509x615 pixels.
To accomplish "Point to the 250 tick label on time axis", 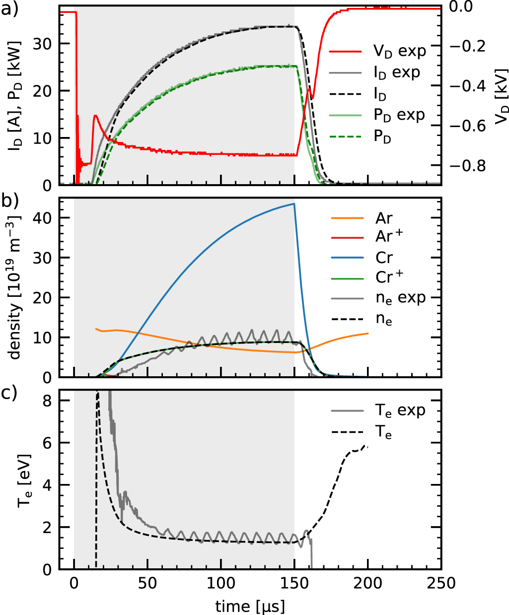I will point(441,583).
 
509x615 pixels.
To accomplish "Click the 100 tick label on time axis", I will point(221,583).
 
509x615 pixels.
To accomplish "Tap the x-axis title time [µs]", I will point(250,606).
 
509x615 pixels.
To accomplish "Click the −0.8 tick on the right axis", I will point(467,165).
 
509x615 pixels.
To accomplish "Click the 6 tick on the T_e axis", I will point(47,443).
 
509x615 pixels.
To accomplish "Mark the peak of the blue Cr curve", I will point(294,204).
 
